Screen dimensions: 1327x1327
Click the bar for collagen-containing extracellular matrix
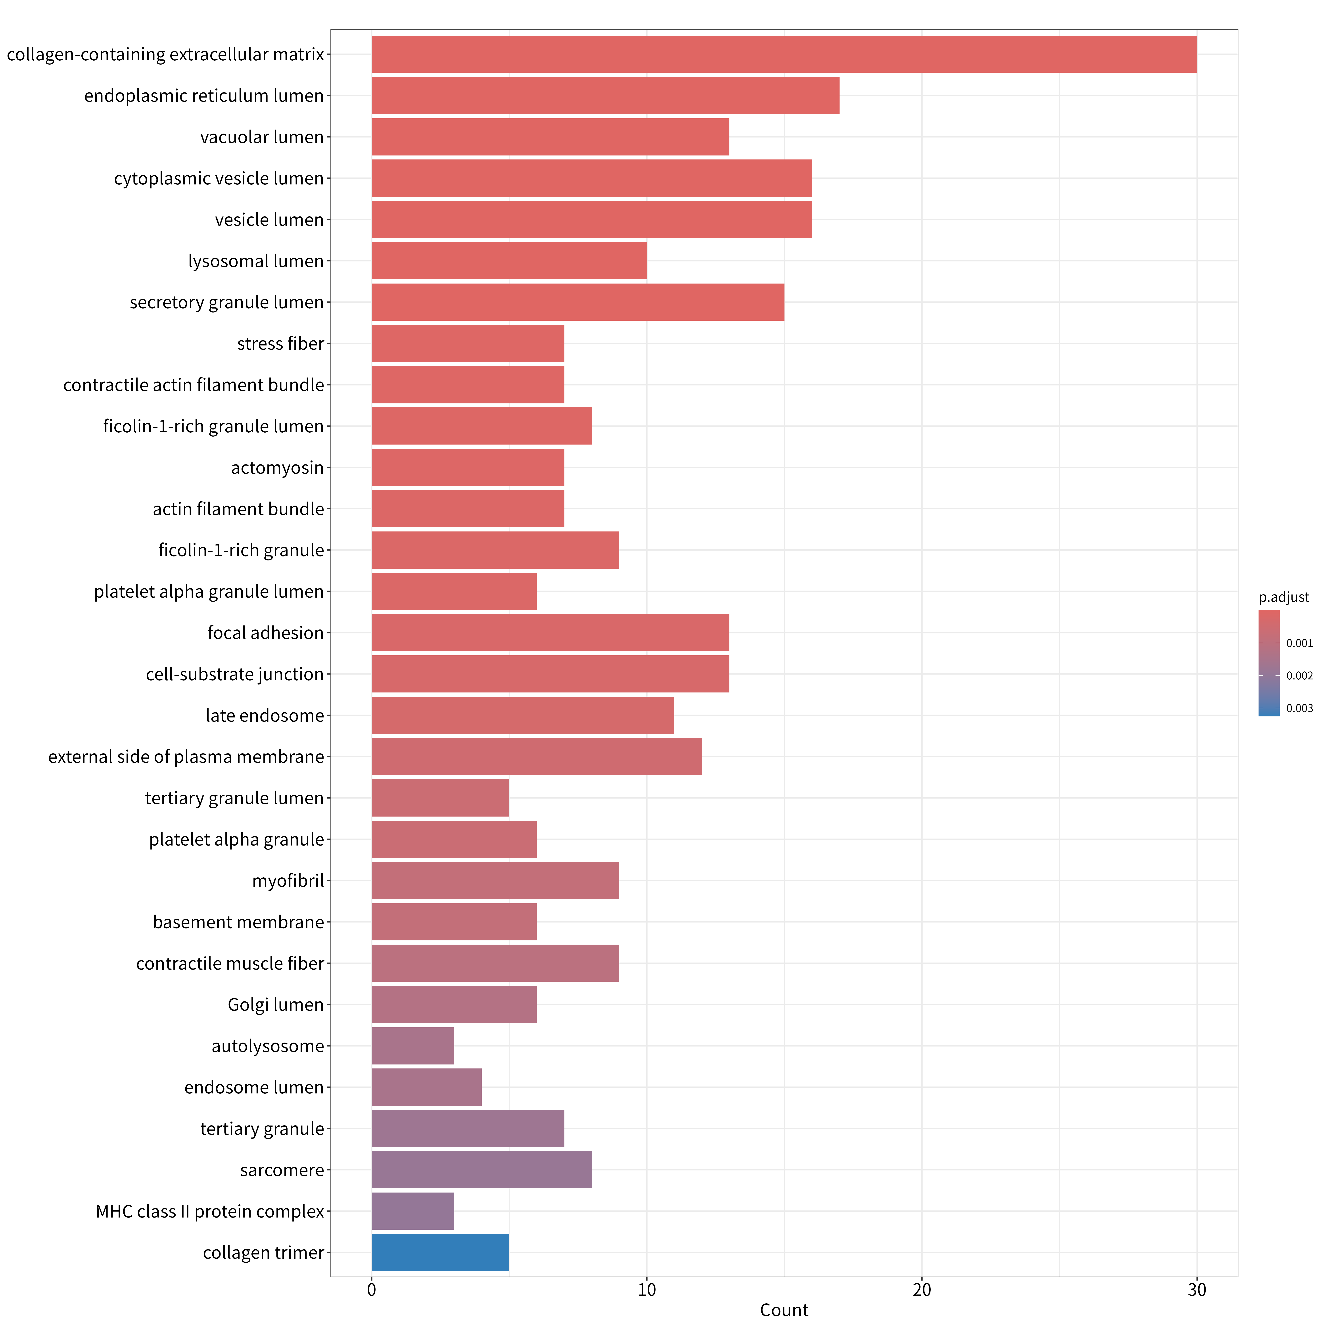tap(784, 54)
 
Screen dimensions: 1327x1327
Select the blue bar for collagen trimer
tap(440, 1252)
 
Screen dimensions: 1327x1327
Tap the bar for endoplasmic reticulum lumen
tap(605, 96)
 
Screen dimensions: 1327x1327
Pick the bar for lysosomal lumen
tap(509, 261)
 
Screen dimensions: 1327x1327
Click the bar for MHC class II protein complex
tap(413, 1211)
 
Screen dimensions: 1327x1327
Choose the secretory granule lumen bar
tap(578, 302)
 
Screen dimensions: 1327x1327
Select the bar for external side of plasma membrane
tap(536, 756)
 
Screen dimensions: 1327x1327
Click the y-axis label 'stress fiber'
tap(280, 343)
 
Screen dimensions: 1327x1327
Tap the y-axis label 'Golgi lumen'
tap(275, 1005)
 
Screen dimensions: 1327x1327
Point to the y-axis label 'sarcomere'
tap(282, 1170)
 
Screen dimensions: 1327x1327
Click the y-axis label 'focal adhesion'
tap(265, 633)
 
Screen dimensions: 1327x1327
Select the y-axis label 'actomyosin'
tap(277, 468)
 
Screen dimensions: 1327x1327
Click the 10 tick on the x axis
tap(646, 1290)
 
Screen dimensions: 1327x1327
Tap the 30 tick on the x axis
tap(1197, 1290)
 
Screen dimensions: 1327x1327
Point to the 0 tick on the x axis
tap(372, 1290)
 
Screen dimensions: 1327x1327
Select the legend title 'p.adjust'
tap(1284, 598)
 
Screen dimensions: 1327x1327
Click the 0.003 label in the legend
tap(1300, 708)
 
